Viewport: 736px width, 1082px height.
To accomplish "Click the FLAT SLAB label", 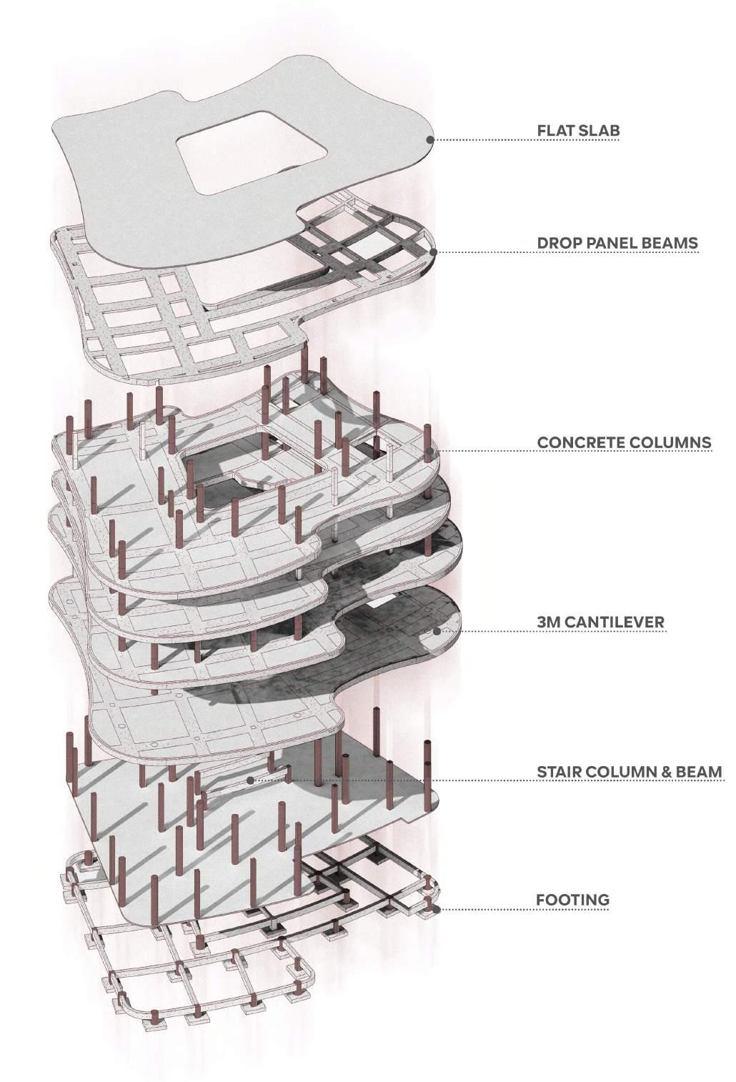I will pyautogui.click(x=578, y=131).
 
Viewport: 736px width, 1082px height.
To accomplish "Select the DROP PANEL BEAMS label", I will pyautogui.click(x=617, y=243).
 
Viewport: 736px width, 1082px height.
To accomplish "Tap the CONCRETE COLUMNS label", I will pyautogui.click(x=624, y=442).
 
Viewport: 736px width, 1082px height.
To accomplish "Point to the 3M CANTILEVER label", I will pyautogui.click(x=600, y=622).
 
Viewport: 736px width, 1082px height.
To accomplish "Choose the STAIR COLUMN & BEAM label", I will pyautogui.click(x=630, y=772).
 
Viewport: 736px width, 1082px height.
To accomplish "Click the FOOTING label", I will pyautogui.click(x=573, y=899).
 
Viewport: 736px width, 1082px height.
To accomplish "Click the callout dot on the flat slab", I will pyautogui.click(x=429, y=140).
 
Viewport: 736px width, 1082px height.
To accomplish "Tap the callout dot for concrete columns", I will pyautogui.click(x=429, y=452).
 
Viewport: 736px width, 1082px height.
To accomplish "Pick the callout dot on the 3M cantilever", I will pyautogui.click(x=437, y=632).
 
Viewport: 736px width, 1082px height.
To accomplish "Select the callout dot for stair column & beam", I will pyautogui.click(x=250, y=780).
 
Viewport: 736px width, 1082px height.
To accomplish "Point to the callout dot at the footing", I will pyautogui.click(x=434, y=909).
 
